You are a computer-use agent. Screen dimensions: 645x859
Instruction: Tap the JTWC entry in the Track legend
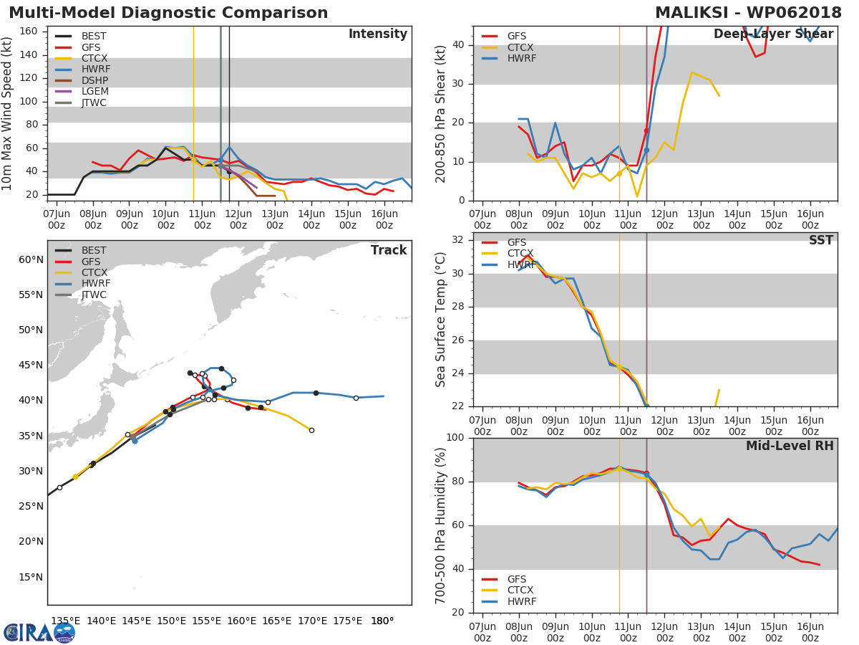click(x=94, y=295)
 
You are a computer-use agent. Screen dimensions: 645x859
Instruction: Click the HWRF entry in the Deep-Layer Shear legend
click(x=521, y=58)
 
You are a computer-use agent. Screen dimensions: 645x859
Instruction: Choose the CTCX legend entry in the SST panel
click(x=521, y=254)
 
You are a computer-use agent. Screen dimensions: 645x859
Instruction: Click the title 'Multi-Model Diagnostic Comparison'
click(x=168, y=13)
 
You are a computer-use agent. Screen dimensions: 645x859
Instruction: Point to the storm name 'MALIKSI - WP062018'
click(x=748, y=13)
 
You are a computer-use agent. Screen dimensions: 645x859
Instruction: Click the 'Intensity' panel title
click(x=377, y=34)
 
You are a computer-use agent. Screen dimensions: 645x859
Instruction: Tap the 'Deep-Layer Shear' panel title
click(x=773, y=34)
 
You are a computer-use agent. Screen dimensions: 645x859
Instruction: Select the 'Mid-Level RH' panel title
click(x=790, y=446)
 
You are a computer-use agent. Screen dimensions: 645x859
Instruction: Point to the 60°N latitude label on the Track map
click(x=31, y=259)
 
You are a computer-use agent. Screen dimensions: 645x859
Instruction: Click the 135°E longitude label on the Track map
click(x=65, y=621)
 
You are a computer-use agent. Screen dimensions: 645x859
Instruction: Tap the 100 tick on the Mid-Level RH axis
click(x=455, y=438)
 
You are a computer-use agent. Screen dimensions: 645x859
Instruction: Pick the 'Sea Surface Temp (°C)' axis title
click(x=442, y=320)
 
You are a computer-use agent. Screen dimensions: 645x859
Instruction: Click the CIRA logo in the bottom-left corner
click(x=39, y=632)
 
